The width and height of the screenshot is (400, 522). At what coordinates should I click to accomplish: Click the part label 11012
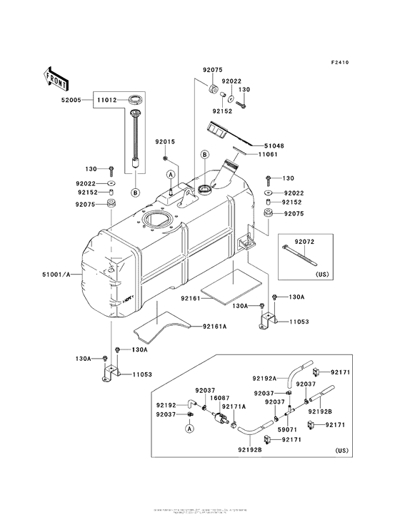click(x=108, y=101)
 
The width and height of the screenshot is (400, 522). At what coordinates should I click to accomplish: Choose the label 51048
click(x=274, y=145)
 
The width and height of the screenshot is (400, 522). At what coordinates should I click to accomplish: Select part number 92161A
click(x=214, y=327)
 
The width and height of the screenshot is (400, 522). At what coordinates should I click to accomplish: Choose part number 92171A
click(x=234, y=407)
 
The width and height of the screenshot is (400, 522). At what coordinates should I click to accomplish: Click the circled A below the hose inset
click(x=191, y=429)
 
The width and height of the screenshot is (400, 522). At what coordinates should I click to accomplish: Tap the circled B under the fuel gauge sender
click(x=134, y=191)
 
